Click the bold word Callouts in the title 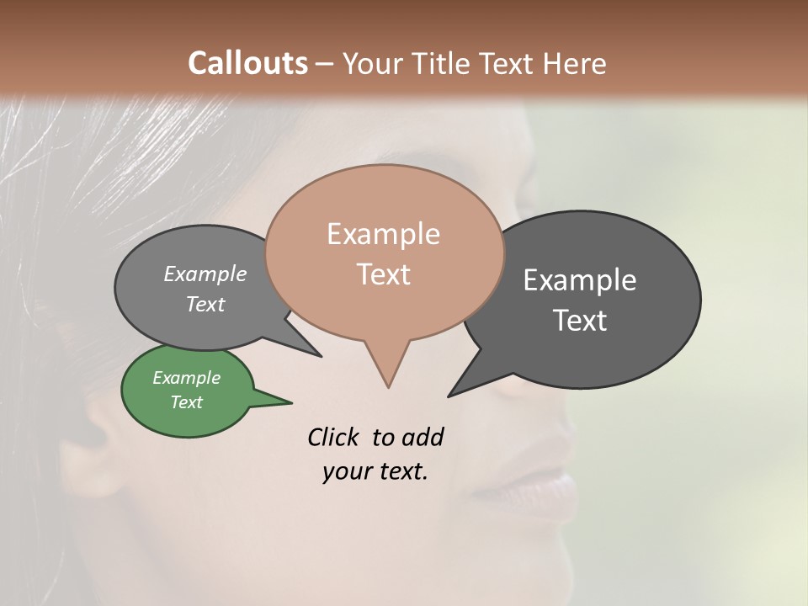point(247,64)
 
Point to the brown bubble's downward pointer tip point(388,386)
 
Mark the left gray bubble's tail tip point(320,356)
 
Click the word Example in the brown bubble point(383,234)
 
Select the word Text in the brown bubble point(384,274)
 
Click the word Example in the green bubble point(186,378)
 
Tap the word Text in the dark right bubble point(580,321)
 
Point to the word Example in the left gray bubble point(205,274)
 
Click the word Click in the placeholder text point(335,437)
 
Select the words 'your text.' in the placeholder point(375,471)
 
